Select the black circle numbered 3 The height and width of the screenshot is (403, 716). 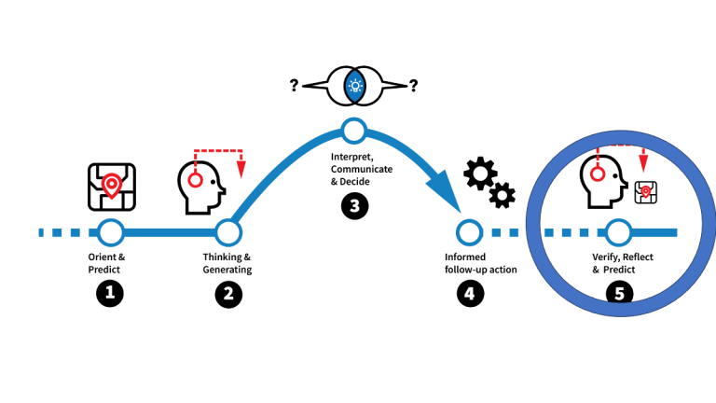354,206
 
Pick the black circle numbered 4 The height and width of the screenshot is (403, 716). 469,294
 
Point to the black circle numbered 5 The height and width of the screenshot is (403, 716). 615,294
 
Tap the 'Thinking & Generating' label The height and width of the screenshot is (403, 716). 227,262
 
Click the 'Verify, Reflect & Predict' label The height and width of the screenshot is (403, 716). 619,262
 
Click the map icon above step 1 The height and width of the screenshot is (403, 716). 111,186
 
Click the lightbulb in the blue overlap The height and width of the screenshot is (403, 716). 354,88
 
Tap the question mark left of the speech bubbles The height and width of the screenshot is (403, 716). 294,86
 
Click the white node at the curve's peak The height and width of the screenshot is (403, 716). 354,129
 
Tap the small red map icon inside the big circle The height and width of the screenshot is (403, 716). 642,192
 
